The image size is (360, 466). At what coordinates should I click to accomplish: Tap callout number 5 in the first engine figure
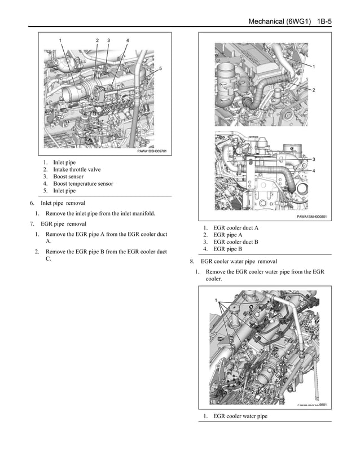click(x=160, y=68)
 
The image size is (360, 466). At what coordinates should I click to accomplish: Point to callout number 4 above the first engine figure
click(x=128, y=41)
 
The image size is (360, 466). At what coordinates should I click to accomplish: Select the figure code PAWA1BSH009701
click(x=152, y=151)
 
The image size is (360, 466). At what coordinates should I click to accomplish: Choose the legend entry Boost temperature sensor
click(x=82, y=183)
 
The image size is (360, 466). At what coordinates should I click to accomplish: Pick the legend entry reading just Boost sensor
click(x=68, y=177)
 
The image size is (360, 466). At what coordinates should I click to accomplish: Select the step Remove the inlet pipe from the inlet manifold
click(x=100, y=213)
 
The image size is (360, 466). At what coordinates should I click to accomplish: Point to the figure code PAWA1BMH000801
click(x=312, y=216)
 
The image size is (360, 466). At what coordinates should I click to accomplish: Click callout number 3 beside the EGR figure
click(x=313, y=159)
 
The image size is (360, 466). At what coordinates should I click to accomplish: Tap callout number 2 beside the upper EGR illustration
click(x=313, y=90)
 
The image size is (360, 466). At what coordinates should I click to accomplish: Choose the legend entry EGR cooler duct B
click(x=235, y=241)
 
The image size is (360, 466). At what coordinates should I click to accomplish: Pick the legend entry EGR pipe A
click(x=227, y=235)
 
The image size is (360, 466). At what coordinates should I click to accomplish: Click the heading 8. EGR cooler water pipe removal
click(x=239, y=261)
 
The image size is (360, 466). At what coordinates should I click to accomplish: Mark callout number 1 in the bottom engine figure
click(x=216, y=300)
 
